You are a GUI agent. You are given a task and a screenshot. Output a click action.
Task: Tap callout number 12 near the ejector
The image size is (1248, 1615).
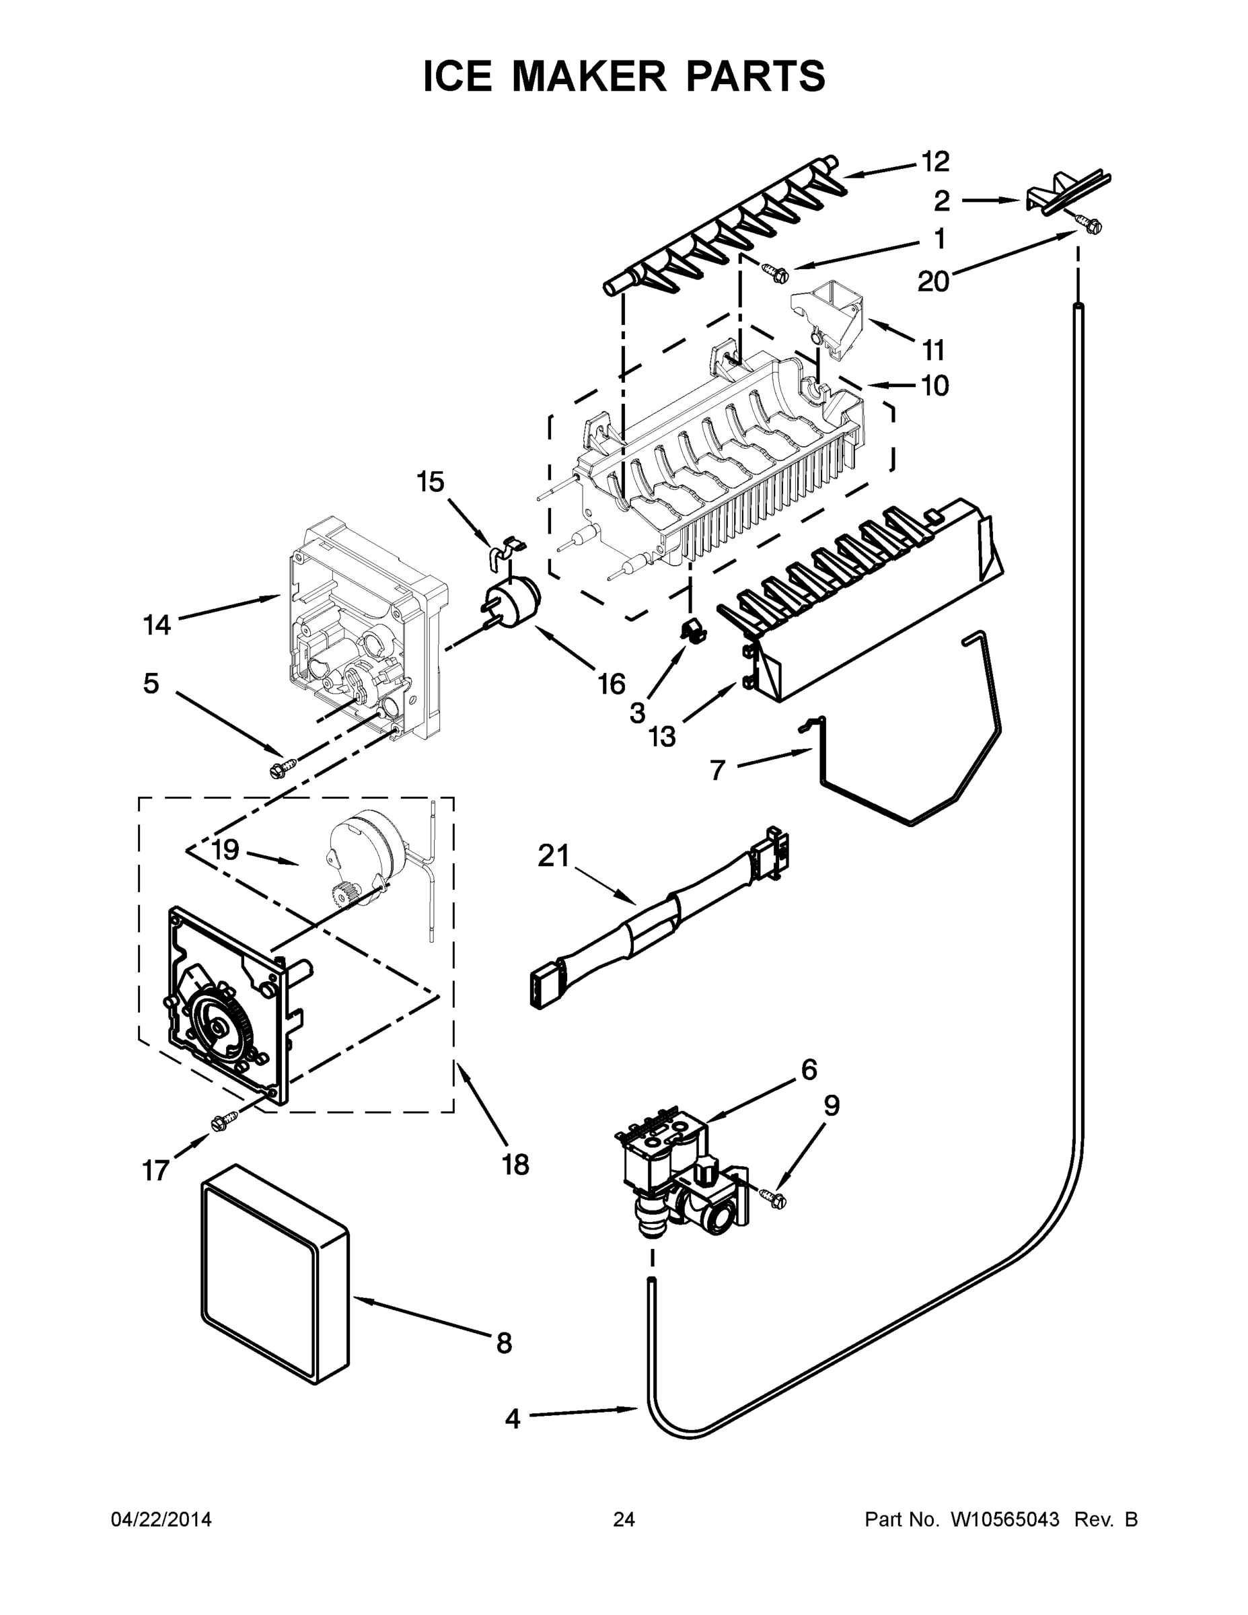(934, 161)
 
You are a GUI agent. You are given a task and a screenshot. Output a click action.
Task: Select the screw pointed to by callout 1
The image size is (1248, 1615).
(777, 274)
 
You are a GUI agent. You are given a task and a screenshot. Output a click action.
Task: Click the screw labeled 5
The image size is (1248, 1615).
(283, 768)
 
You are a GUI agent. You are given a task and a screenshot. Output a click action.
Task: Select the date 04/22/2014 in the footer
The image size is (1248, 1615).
(161, 1520)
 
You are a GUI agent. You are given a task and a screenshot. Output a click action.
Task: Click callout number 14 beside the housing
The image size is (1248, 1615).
(157, 626)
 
